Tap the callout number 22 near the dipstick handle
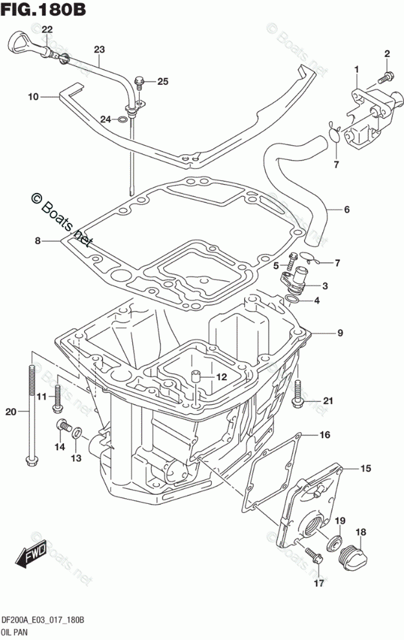pos(47,30)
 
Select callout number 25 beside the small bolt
pos(162,81)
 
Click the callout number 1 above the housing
pos(356,68)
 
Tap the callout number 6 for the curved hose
pos(346,209)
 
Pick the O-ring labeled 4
pos(293,300)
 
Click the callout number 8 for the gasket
pos(38,241)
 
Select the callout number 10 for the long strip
pos(32,97)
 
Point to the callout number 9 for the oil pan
pos(339,333)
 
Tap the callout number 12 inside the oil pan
pos(221,376)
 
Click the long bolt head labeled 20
pos(30,461)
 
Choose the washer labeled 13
pos(76,432)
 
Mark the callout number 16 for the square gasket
pos(324,434)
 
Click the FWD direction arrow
pos(30,554)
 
